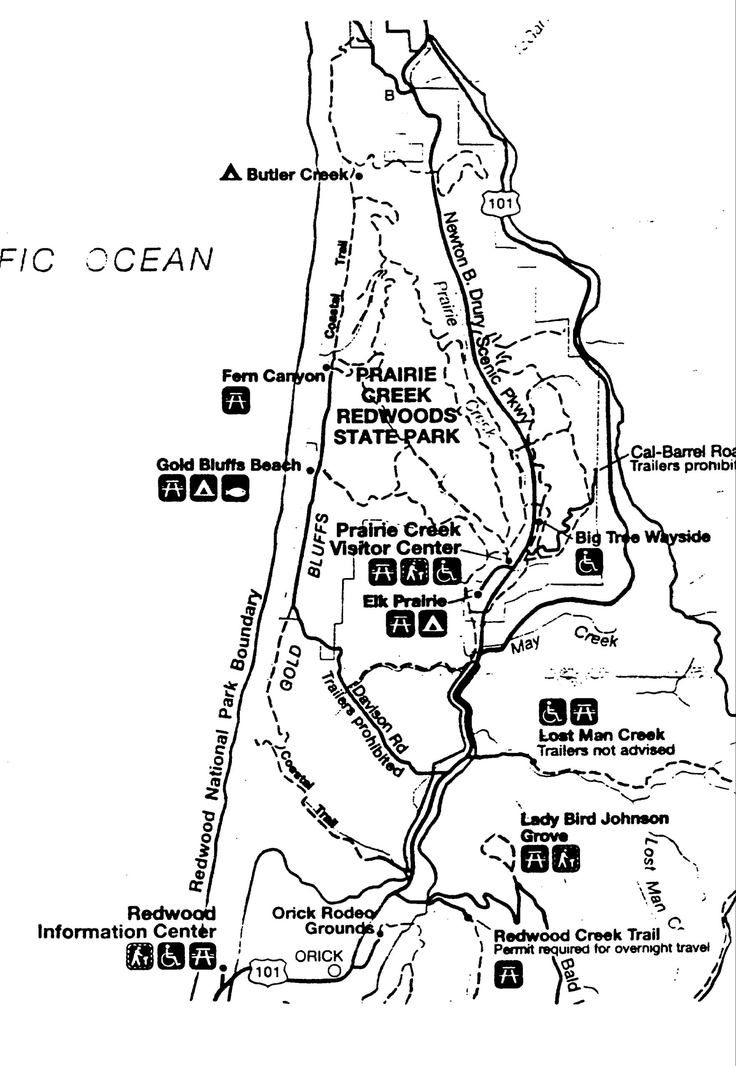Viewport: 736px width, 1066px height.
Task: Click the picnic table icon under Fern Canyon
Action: pos(236,399)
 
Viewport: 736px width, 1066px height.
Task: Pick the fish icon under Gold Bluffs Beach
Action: pos(235,489)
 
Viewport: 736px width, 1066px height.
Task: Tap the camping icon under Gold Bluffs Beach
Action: pos(204,489)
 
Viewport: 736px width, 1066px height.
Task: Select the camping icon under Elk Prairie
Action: pos(432,624)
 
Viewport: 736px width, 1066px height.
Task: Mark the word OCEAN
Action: pos(150,259)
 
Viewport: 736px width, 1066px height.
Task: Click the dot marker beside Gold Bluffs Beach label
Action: pos(311,470)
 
